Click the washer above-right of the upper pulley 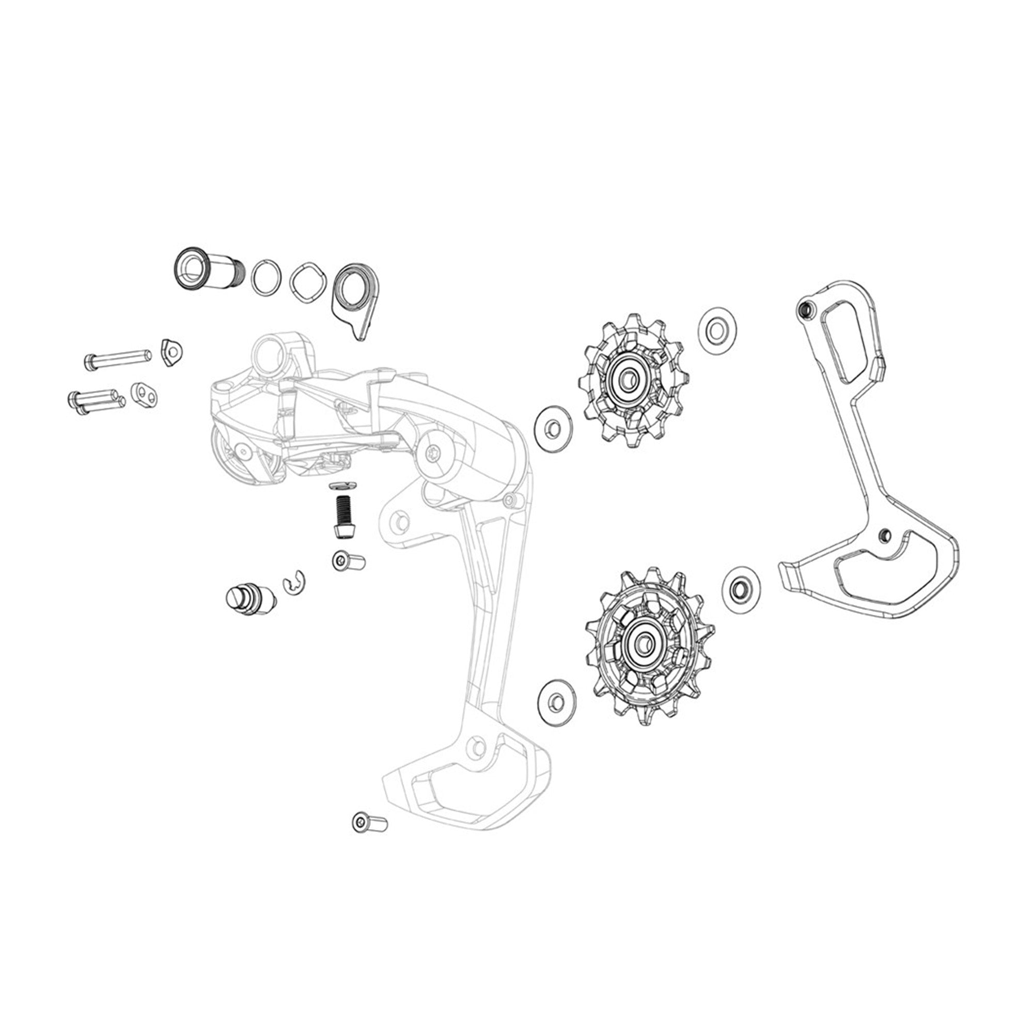click(x=717, y=331)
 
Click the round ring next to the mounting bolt click(x=267, y=277)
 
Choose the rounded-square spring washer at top click(x=308, y=283)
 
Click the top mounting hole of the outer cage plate click(x=803, y=308)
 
